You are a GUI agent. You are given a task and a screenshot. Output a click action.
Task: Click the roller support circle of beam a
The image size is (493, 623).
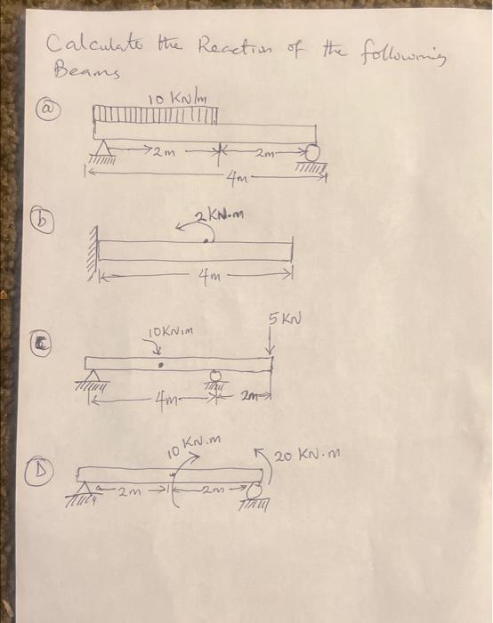click(x=311, y=150)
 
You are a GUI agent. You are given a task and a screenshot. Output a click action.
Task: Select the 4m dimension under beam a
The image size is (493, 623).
click(x=233, y=185)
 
